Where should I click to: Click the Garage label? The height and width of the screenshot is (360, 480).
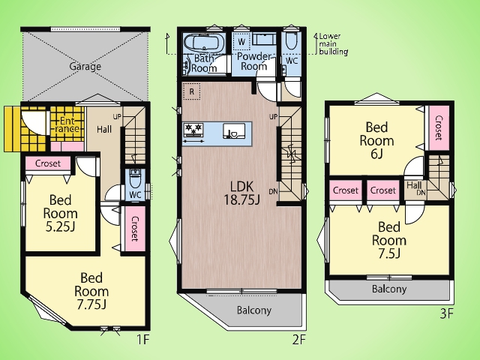[x=85, y=67]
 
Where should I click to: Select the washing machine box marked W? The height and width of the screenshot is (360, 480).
[x=241, y=42]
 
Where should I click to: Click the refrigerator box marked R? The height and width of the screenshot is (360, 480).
[x=192, y=91]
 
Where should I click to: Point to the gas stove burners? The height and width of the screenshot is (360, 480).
[x=193, y=130]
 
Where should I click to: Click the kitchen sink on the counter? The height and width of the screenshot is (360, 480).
[x=234, y=131]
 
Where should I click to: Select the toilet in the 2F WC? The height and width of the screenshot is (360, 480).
[x=290, y=41]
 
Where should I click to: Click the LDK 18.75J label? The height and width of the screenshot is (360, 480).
[x=241, y=193]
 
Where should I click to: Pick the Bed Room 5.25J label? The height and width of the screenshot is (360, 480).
[x=60, y=213]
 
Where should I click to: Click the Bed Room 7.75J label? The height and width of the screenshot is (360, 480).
[x=91, y=291]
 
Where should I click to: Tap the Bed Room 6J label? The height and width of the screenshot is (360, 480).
[x=376, y=140]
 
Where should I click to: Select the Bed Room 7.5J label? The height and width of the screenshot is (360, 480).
[x=389, y=240]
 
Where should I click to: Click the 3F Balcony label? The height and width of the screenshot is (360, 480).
[x=389, y=289]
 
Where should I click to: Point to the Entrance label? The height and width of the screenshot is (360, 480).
[x=67, y=124]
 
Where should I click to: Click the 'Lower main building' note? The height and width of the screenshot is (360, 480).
[x=333, y=43]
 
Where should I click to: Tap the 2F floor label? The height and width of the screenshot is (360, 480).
[x=299, y=339]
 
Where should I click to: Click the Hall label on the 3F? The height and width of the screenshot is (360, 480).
[x=414, y=185]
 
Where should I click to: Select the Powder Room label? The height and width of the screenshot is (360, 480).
[x=254, y=61]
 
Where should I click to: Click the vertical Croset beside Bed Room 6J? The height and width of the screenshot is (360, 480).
[x=439, y=127]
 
